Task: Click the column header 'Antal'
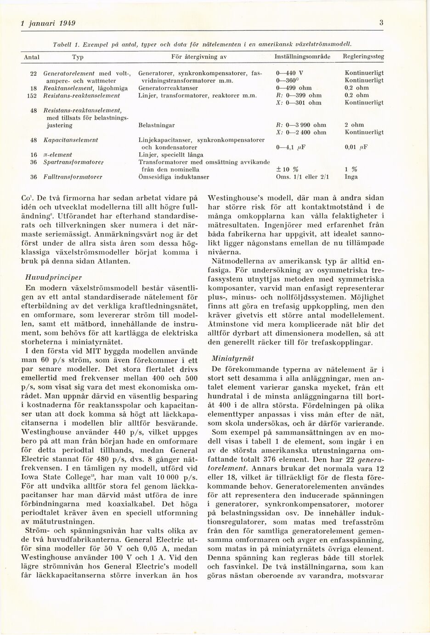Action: (31, 57)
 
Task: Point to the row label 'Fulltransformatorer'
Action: (73, 177)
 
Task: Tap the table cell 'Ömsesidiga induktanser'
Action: (174, 177)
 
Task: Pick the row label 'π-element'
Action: (57, 155)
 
